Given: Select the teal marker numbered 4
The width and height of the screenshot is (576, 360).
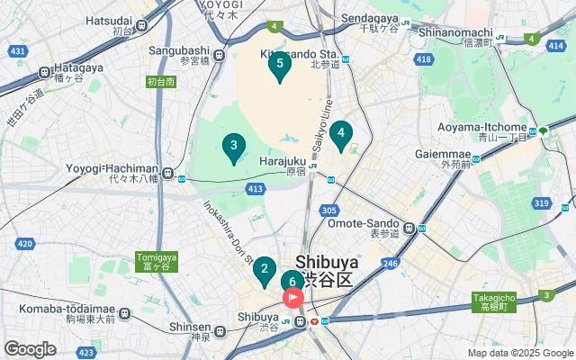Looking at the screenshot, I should point(340,135).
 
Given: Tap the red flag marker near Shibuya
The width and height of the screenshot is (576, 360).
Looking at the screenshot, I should point(293,299).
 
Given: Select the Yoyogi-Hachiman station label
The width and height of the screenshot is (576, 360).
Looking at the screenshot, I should point(113,169).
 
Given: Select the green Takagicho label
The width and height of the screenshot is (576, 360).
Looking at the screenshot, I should point(494,301).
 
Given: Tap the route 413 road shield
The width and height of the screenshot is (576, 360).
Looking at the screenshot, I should point(256,189).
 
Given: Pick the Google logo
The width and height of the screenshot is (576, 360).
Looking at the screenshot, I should point(30,349).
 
